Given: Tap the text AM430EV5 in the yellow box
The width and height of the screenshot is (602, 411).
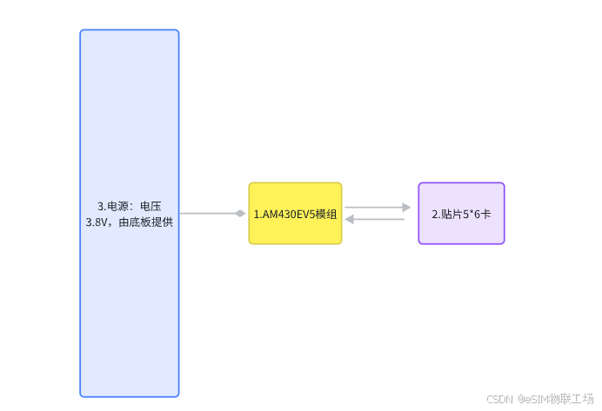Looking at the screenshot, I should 288,214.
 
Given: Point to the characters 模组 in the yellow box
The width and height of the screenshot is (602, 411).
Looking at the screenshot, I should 326,214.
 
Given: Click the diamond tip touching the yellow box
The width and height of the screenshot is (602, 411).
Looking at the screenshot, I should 240,213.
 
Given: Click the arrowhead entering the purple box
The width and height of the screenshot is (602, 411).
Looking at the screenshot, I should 406,208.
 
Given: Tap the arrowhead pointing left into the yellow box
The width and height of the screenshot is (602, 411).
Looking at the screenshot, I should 350,219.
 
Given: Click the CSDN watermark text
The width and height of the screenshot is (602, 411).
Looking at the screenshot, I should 499,399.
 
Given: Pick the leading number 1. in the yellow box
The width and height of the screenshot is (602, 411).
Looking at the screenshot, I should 258,214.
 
